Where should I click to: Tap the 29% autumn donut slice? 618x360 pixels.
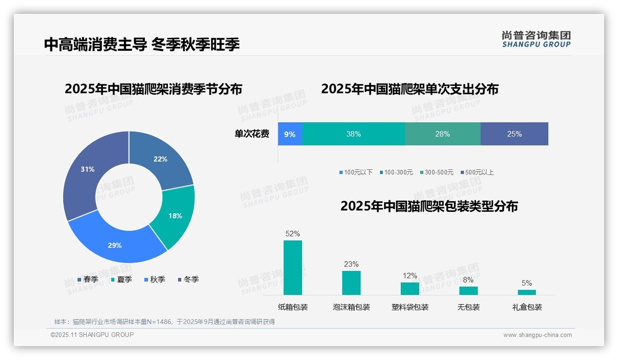click(115, 245)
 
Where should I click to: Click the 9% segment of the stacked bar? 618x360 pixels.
click(290, 134)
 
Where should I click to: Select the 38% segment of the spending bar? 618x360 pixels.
click(353, 134)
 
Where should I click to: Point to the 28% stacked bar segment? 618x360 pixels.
click(442, 134)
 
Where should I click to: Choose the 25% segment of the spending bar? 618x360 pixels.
click(514, 134)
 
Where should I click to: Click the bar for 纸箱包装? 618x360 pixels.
click(293, 268)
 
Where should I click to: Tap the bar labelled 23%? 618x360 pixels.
click(351, 282)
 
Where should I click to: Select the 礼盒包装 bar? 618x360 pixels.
click(527, 292)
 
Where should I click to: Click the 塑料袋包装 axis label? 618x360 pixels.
click(410, 307)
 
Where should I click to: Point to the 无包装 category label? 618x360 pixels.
click(469, 307)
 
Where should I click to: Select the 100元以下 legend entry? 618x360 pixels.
click(356, 172)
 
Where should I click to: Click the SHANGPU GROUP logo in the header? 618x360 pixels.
click(536, 39)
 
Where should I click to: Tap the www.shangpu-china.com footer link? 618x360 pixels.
click(537, 335)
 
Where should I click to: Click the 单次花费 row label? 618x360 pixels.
click(252, 134)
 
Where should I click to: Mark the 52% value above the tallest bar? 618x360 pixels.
click(293, 234)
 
